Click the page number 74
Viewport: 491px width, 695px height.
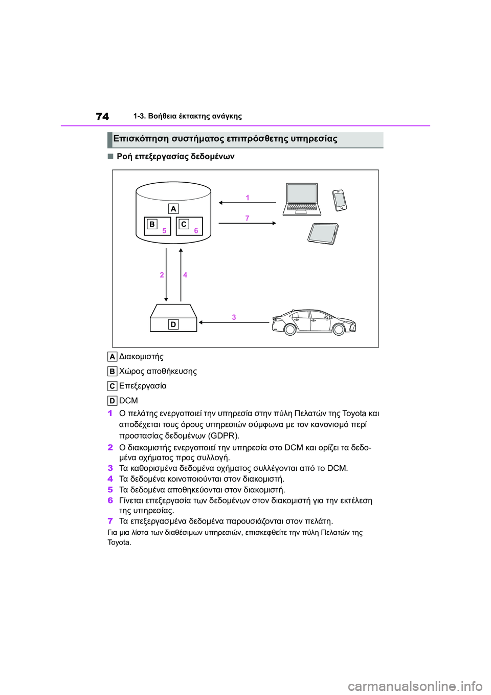[x=102, y=117]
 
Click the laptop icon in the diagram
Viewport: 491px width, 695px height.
[x=302, y=199]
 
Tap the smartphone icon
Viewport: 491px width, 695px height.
[x=340, y=200]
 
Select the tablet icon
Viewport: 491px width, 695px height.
[x=323, y=233]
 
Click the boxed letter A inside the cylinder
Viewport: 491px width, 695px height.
[x=173, y=209]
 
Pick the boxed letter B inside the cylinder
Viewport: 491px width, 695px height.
[x=152, y=224]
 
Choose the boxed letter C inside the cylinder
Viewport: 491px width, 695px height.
[x=184, y=224]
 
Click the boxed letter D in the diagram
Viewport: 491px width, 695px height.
[x=173, y=324]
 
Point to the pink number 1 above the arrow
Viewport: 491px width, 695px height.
[x=248, y=198]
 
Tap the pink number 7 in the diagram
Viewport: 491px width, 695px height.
[x=248, y=218]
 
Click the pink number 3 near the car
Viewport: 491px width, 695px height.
[x=234, y=317]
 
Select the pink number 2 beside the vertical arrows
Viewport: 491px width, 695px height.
[x=162, y=275]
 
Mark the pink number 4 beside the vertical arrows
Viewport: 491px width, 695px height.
[x=185, y=275]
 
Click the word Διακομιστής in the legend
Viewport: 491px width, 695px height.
[x=141, y=357]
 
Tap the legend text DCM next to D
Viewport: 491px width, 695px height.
[x=128, y=401]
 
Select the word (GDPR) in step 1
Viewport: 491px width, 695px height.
[x=224, y=436]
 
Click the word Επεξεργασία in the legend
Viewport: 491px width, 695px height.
[x=143, y=386]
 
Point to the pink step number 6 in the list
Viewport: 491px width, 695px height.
[x=110, y=501]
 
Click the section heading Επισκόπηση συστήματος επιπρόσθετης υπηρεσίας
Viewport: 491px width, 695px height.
[x=225, y=139]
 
